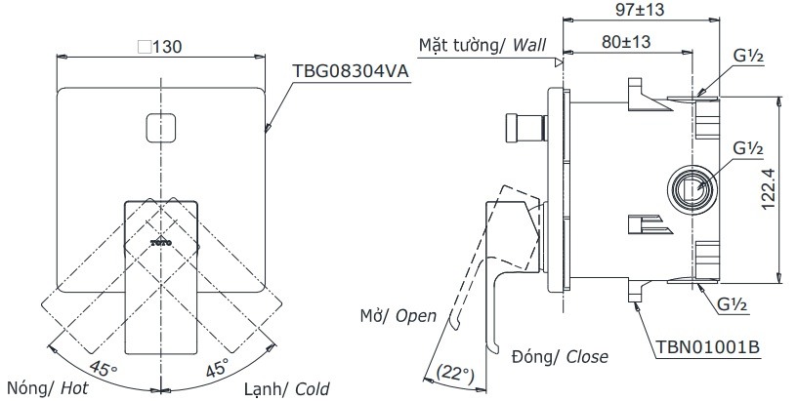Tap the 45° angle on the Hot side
pyautogui.click(x=103, y=367)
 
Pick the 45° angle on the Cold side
pyautogui.click(x=215, y=367)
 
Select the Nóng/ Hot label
pyautogui.click(x=42, y=386)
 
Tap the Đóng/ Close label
pyautogui.click(x=559, y=357)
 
